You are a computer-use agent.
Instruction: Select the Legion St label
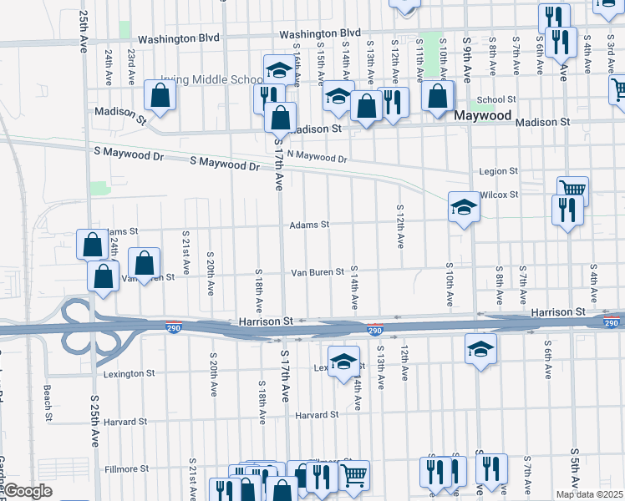click(x=499, y=171)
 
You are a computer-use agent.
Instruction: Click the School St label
click(x=497, y=99)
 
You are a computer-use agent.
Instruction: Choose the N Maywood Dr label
click(x=316, y=156)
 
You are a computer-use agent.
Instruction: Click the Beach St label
click(x=48, y=402)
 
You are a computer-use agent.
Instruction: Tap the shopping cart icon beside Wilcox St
click(x=572, y=190)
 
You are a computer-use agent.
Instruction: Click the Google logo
click(x=27, y=491)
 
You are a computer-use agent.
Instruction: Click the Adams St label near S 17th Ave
click(x=309, y=225)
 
